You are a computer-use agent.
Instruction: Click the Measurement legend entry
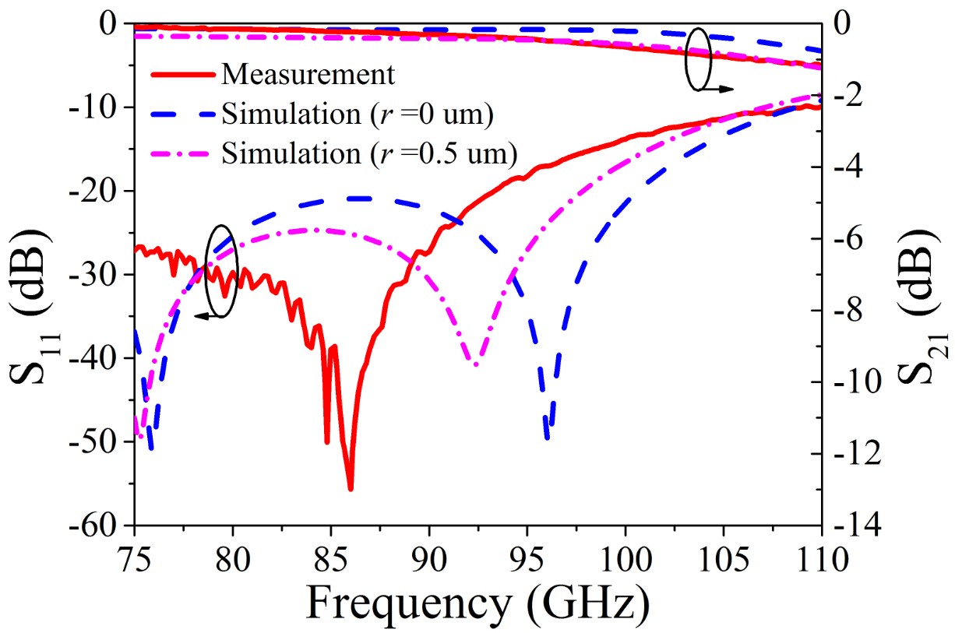tap(307, 75)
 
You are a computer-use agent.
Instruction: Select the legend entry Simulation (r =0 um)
tap(357, 114)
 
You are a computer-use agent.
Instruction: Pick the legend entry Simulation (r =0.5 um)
tap(369, 154)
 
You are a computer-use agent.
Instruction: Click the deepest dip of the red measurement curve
tap(351, 489)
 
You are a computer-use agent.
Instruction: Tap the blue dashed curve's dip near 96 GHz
tap(547, 438)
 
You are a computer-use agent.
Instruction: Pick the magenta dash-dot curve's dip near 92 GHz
tap(474, 364)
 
